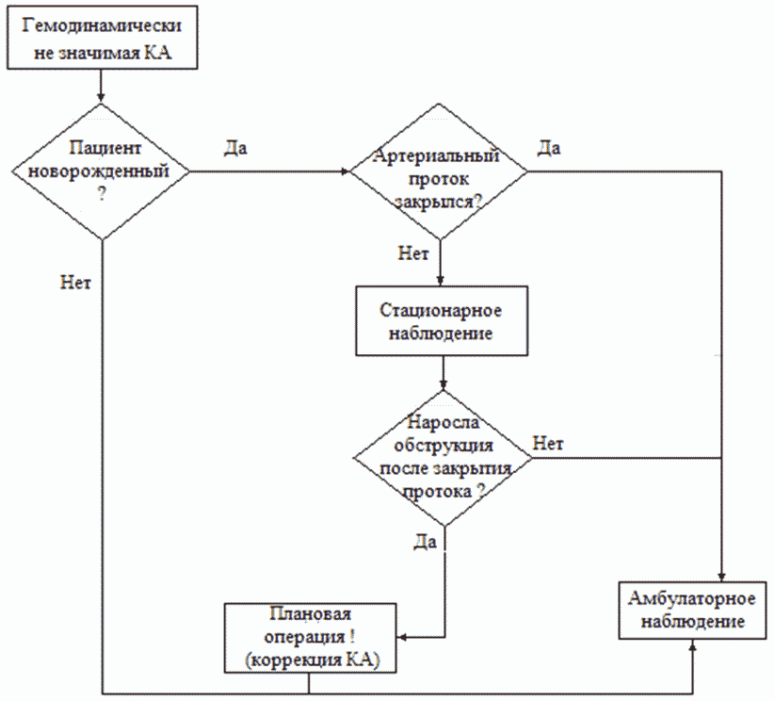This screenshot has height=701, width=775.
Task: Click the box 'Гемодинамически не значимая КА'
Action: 103,39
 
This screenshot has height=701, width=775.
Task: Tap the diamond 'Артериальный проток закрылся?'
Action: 439,171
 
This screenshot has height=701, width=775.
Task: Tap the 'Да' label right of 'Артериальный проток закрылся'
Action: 549,148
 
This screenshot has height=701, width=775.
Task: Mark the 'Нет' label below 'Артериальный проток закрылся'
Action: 413,254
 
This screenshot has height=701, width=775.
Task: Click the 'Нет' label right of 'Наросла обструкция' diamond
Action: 549,442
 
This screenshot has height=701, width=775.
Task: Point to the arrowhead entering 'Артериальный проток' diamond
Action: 345,171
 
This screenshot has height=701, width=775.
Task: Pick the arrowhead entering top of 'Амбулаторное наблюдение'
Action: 721,577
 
